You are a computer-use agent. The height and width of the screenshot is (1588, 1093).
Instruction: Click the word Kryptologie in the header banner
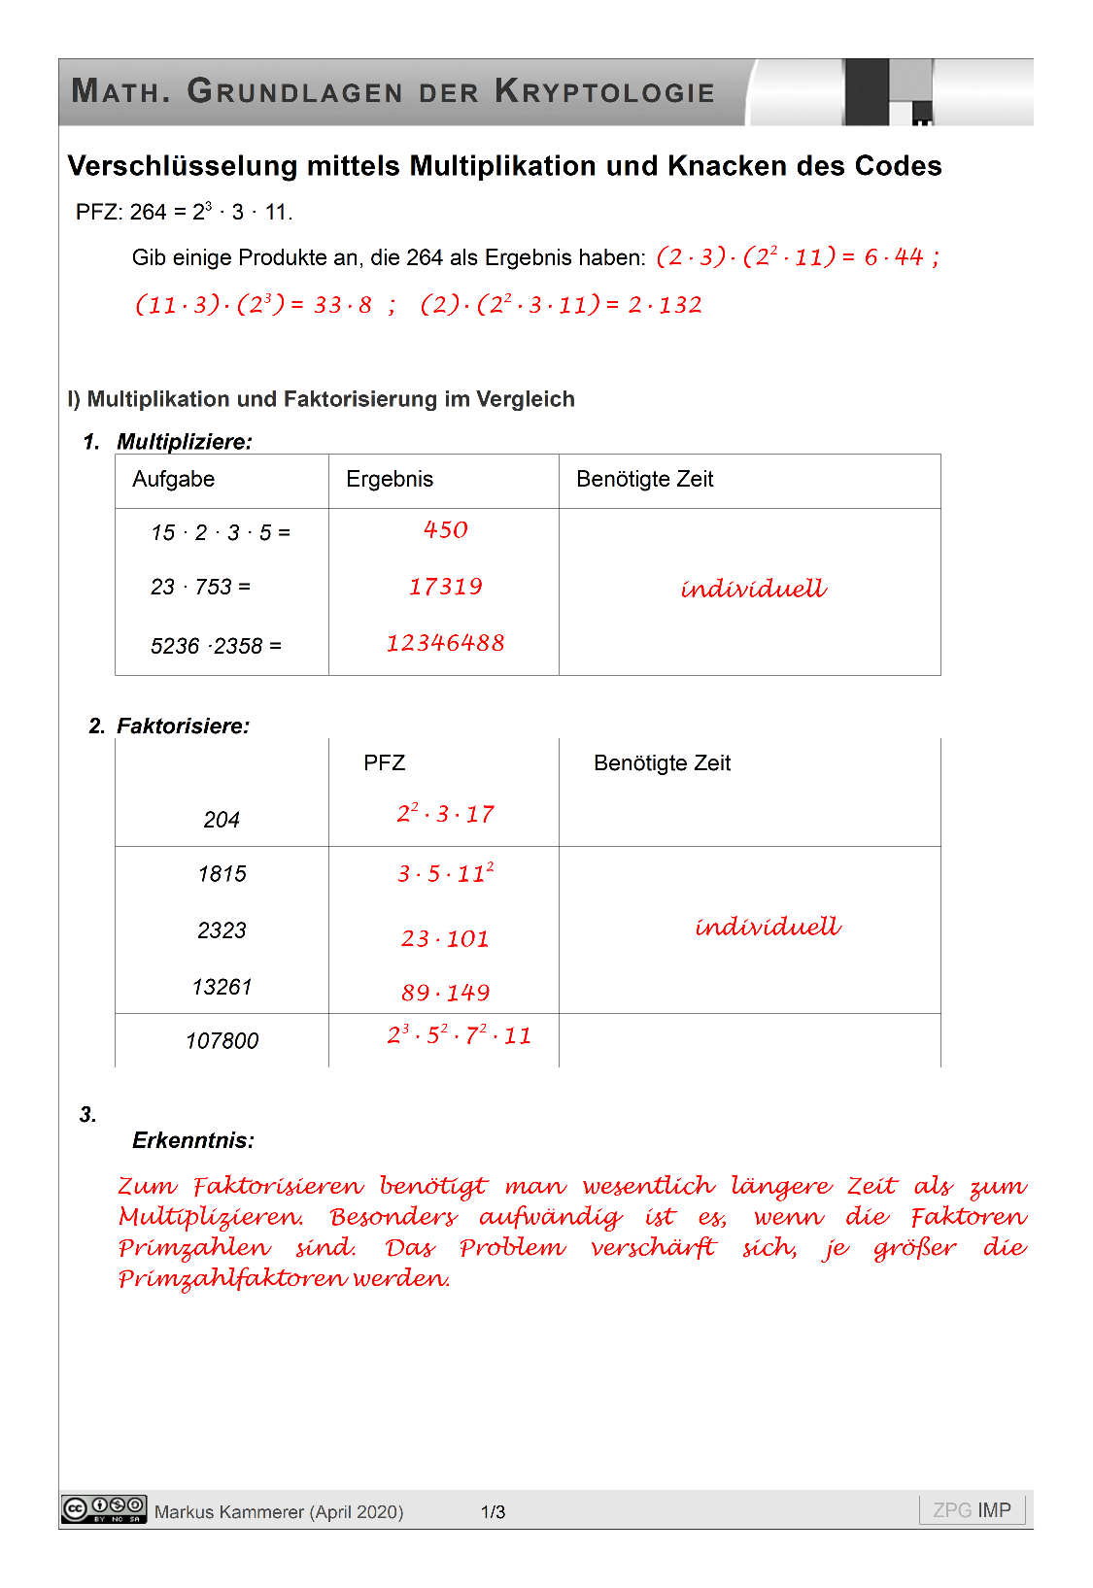point(604,91)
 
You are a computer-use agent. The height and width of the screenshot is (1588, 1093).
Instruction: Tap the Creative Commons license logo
point(104,1508)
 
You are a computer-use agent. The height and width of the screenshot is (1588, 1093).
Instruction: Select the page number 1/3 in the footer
point(493,1512)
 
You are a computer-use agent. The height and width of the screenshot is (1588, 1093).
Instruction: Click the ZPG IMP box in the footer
point(972,1510)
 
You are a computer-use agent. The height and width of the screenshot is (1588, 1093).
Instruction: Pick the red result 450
point(446,530)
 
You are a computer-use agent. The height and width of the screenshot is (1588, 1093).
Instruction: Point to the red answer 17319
point(446,587)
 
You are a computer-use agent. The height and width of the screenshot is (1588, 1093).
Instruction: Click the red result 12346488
point(446,643)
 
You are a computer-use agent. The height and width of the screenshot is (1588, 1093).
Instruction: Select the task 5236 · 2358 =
point(216,646)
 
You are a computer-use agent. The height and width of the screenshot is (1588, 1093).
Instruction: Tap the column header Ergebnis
point(390,479)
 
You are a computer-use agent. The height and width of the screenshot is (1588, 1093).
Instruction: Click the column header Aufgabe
point(173,479)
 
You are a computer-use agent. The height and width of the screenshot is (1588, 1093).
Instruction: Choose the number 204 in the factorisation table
point(222,820)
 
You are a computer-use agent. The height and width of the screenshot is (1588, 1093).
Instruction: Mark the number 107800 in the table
point(222,1041)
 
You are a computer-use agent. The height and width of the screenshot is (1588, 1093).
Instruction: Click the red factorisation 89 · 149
point(446,993)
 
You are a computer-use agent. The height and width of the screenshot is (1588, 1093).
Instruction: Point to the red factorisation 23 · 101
point(446,939)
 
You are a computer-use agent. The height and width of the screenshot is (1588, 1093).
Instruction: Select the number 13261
point(222,987)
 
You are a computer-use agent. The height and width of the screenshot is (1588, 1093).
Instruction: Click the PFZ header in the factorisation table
point(384,763)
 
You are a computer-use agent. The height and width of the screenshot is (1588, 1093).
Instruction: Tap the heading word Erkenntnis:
point(193,1140)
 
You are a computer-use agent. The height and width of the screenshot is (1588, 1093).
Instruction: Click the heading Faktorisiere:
point(183,726)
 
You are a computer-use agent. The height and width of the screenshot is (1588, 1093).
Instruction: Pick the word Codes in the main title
point(898,166)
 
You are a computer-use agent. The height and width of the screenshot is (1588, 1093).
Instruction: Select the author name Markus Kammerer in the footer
point(230,1512)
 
